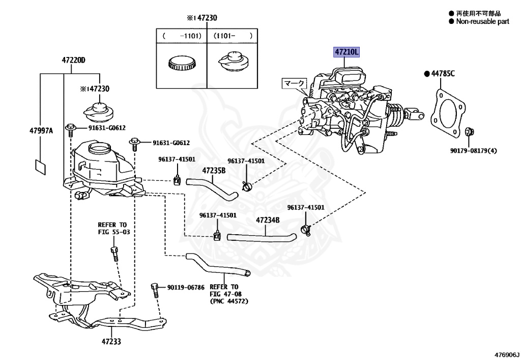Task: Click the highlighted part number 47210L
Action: (346, 52)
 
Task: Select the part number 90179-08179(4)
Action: (474, 151)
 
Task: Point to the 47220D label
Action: (73, 60)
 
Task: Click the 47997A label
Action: (41, 131)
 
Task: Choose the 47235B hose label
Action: (214, 171)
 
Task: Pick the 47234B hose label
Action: (268, 220)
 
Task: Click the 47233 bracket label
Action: (111, 341)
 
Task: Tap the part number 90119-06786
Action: (186, 287)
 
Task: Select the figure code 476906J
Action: (507, 355)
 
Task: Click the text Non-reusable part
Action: (482, 21)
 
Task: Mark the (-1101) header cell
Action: (182, 36)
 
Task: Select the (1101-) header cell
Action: (232, 36)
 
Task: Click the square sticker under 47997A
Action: (41, 167)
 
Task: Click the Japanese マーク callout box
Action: (295, 83)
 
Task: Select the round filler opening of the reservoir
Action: (100, 149)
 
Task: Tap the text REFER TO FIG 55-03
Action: (113, 228)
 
